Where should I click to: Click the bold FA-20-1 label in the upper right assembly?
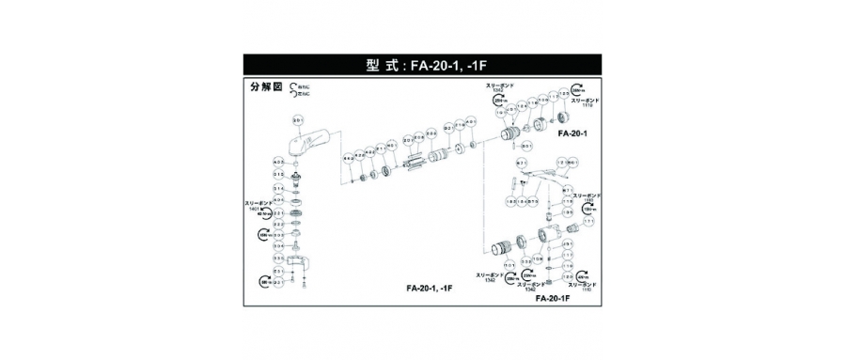coord(572,133)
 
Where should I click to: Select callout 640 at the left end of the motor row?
coord(347,160)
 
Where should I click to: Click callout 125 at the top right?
coord(565,94)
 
